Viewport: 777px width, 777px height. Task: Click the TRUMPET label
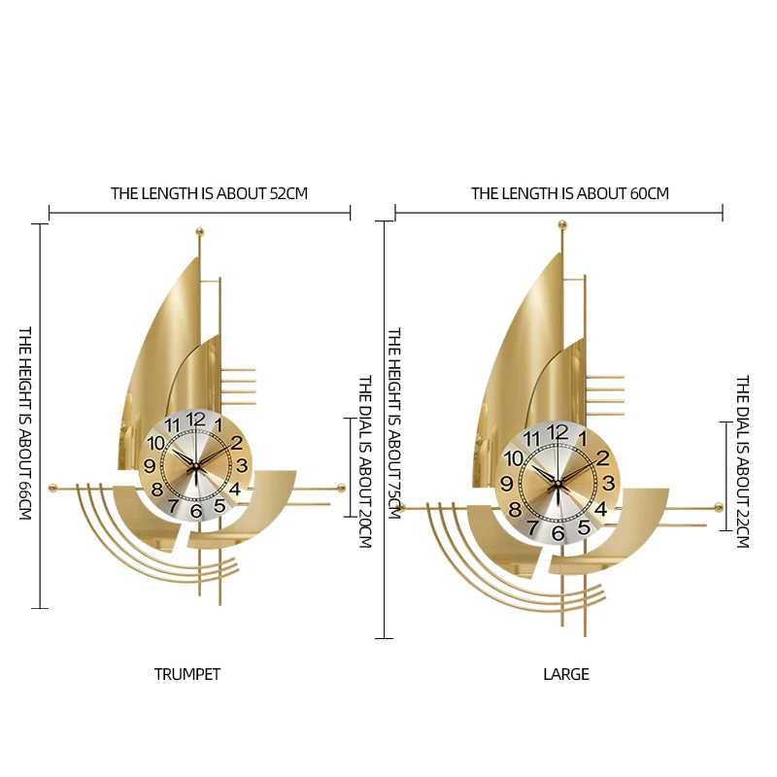tap(187, 674)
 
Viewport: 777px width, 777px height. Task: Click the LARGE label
tap(566, 674)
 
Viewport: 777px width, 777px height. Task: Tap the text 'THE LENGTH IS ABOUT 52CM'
tap(209, 193)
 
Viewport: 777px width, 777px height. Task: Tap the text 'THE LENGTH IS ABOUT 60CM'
tap(570, 193)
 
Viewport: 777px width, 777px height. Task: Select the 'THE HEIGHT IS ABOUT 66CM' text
tap(26, 422)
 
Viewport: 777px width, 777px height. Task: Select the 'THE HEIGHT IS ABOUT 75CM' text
tap(394, 422)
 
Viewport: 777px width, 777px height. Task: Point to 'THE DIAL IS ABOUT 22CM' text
tap(742, 462)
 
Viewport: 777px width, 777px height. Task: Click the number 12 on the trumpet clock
tap(195, 420)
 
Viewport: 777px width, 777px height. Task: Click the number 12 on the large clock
tap(557, 432)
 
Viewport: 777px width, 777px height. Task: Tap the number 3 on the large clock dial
tap(608, 483)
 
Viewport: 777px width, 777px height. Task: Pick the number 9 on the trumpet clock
tap(150, 466)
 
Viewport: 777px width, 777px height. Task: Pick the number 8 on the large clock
tap(515, 508)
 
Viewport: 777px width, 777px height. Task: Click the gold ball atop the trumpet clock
tap(201, 231)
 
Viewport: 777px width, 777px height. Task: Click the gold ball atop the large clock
tap(561, 225)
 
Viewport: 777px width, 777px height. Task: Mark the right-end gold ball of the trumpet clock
tap(341, 486)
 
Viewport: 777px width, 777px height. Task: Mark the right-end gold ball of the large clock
tap(718, 507)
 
